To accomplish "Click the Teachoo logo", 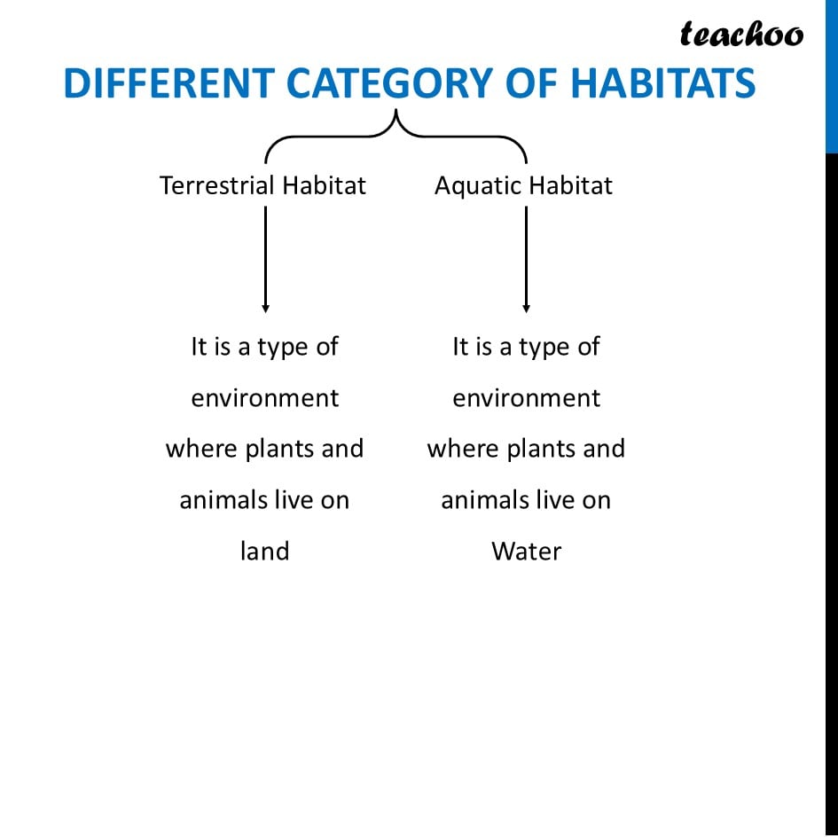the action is pos(741,34).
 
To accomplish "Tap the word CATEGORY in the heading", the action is pos(389,83).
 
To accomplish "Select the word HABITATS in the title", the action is pos(662,83).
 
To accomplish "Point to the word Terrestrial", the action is pos(217,185).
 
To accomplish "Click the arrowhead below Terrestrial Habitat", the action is pos(266,309).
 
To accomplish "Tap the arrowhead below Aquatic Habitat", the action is pos(527,309).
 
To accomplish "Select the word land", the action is pos(265,551).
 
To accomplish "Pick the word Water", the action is pos(527,552).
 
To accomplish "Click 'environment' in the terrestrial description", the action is pos(265,398).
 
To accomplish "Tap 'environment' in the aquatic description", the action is pos(527,398).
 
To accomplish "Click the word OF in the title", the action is pos(530,83).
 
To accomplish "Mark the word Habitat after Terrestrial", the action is pos(324,185).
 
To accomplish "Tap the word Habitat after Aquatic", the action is pos(571,185).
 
